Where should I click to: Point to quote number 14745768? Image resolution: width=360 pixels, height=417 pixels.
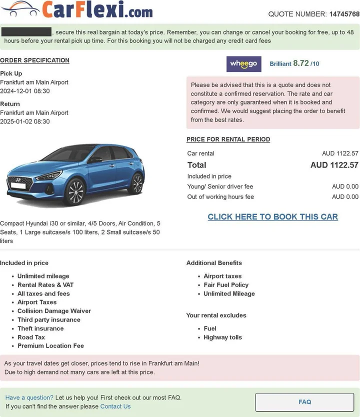pos(344,14)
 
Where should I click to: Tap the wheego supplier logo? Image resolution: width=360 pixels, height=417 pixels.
pos(244,64)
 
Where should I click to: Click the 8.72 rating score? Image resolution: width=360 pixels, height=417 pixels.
pos(301,63)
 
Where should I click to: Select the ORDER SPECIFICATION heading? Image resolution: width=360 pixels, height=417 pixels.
pos(34,60)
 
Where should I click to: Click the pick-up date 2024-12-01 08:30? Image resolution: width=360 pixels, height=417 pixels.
pos(25,91)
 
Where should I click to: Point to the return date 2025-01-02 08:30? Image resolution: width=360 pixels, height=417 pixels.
pos(25,121)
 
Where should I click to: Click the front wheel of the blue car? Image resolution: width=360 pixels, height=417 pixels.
pos(75,191)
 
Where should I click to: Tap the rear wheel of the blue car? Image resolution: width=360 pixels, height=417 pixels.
pos(136,183)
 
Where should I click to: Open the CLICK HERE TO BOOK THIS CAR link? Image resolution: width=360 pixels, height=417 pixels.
pos(272,217)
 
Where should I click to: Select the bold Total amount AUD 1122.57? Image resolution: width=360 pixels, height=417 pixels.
pos(334,165)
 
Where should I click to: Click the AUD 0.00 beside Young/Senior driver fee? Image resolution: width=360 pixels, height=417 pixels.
pos(345,186)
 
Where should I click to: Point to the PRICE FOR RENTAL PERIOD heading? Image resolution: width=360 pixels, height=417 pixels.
pos(228,139)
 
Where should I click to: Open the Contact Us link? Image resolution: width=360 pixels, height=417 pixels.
pos(115,406)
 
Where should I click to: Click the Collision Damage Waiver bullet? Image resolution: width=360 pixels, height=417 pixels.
pos(54,311)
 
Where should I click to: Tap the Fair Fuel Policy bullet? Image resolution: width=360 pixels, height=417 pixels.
pos(226,285)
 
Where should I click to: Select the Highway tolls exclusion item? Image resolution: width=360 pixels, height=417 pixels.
pos(222,337)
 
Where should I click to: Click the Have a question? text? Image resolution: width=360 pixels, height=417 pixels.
pos(29,397)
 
